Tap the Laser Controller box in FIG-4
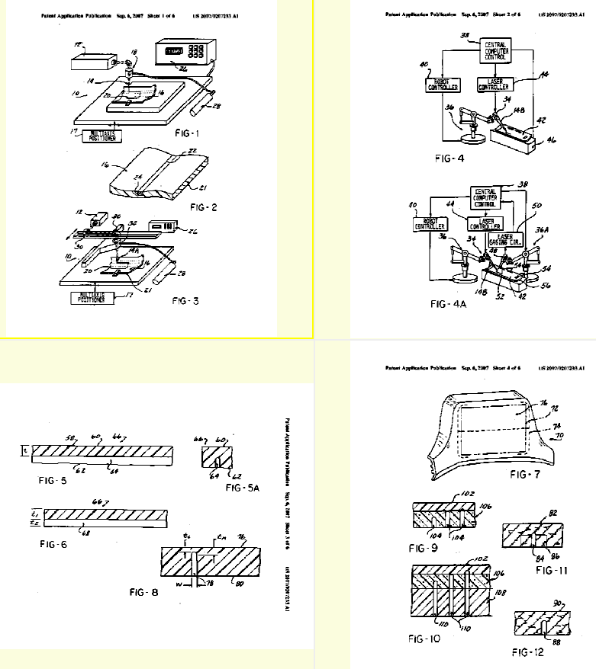493,84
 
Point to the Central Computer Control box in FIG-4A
488,197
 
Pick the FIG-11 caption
555,569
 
